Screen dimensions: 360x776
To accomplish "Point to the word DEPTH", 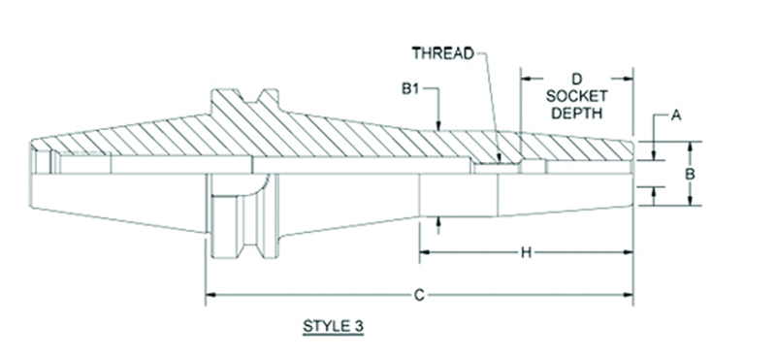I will click(575, 113).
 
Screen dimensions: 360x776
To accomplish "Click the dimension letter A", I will click(678, 115).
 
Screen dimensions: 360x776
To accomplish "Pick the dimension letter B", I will click(690, 174).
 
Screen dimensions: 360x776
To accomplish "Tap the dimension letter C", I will click(420, 294).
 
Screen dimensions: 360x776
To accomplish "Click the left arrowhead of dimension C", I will click(210, 294).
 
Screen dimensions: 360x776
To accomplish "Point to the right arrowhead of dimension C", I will click(630, 294).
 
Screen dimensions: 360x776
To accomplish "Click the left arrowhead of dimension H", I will click(424, 253).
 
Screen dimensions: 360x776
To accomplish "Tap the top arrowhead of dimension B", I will click(690, 146).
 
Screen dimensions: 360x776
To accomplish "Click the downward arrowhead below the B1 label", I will click(439, 126).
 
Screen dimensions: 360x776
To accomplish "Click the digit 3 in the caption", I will click(358, 326).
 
